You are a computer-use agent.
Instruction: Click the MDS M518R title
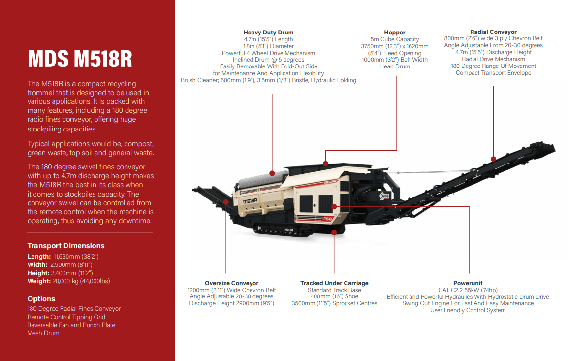[80, 58]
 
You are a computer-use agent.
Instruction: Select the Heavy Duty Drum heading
[268, 32]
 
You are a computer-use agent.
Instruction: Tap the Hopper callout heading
[394, 32]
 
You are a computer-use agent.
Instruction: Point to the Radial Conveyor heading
[493, 32]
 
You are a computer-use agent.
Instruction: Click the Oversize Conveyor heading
[231, 283]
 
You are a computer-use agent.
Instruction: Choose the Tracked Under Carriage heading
[334, 283]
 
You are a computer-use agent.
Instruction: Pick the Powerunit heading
[468, 283]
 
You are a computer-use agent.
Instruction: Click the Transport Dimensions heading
[66, 246]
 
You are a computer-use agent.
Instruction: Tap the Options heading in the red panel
[41, 299]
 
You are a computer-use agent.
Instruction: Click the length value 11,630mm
[66, 257]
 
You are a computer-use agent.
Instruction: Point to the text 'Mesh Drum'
[43, 333]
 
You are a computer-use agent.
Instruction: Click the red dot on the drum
[272, 173]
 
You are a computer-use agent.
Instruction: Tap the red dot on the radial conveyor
[493, 159]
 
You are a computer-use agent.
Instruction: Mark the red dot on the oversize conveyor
[226, 202]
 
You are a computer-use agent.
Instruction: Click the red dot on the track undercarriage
[334, 232]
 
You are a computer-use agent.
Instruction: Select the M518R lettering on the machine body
[251, 201]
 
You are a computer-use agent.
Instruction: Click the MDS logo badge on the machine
[385, 196]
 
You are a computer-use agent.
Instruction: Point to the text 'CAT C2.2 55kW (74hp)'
[468, 290]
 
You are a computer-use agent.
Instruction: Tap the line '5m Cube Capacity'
[394, 39]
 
